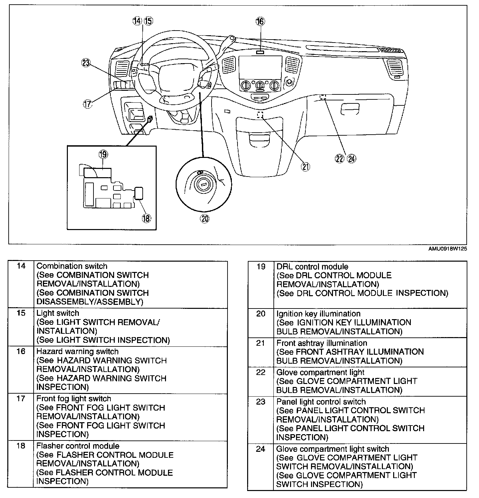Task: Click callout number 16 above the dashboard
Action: pos(260,22)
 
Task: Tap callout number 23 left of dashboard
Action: pos(86,63)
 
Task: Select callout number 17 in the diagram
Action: pos(87,104)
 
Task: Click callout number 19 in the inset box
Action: pos(103,154)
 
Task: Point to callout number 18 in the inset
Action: pos(146,218)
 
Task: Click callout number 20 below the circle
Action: pos(205,218)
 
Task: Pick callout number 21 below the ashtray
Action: pos(305,167)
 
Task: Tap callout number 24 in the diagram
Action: pos(351,159)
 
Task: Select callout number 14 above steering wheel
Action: pos(137,21)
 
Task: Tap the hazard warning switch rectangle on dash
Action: pos(260,52)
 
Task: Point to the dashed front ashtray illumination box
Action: pos(260,115)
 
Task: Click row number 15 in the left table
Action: pos(21,313)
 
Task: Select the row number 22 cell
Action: pos(261,372)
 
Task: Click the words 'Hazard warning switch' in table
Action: pos(78,351)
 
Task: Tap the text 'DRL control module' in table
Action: pos(312,267)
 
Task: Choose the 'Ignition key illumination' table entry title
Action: pos(318,313)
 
